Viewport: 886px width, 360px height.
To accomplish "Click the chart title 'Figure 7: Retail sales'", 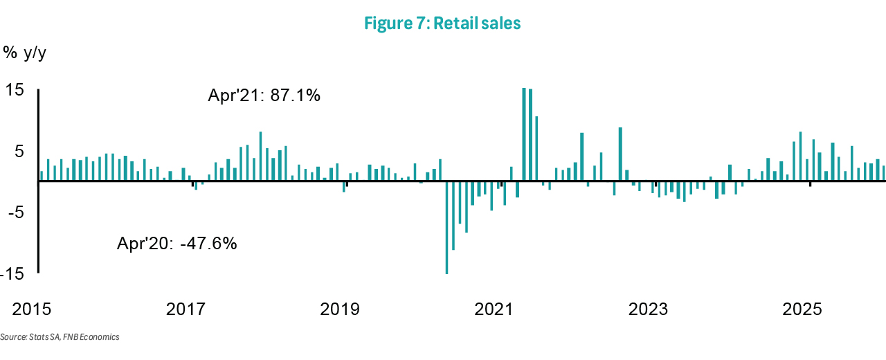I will coord(442,24).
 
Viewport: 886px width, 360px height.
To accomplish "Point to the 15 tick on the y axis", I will coord(15,90).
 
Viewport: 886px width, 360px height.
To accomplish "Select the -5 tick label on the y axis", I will coord(15,212).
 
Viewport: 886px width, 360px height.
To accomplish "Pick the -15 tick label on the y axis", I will coord(12,274).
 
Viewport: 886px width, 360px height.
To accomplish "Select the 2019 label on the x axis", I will coord(340,308).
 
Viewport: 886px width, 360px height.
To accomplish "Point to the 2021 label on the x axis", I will coord(494,308).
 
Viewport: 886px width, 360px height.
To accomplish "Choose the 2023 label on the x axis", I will coord(648,308).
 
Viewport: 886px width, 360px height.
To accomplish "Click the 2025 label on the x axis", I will coord(802,308).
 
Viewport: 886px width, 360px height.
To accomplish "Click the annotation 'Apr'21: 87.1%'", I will coord(264,96).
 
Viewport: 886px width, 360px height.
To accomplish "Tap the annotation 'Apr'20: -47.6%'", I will coord(177,243).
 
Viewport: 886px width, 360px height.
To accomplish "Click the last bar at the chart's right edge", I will coord(884,174).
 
